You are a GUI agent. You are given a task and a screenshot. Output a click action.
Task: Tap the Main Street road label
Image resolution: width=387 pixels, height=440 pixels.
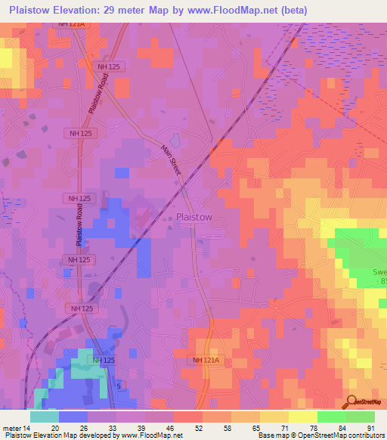(172, 161)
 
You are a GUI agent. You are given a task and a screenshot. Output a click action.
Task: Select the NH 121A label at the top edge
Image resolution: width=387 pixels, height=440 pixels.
(72, 24)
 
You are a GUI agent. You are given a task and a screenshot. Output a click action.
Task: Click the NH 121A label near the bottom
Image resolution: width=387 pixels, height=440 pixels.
(203, 361)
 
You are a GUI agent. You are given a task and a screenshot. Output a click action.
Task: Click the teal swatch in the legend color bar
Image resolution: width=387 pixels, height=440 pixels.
(45, 417)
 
